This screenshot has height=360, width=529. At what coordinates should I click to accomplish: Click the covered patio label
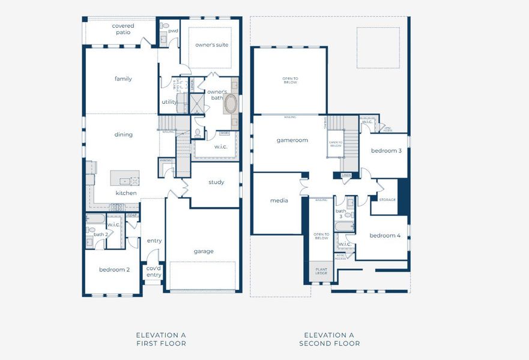click(x=123, y=29)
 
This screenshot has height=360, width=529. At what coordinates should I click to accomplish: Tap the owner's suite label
click(x=211, y=45)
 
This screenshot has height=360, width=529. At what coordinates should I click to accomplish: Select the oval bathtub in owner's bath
click(x=230, y=104)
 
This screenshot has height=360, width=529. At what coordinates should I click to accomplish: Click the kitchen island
click(x=124, y=178)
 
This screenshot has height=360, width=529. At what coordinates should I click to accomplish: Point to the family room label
click(x=123, y=79)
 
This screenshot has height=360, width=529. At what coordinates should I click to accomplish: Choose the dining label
click(x=123, y=134)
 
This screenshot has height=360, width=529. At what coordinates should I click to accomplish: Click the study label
click(x=216, y=182)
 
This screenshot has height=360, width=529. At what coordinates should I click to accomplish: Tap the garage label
click(x=204, y=251)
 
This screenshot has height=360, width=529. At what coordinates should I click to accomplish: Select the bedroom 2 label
click(x=114, y=269)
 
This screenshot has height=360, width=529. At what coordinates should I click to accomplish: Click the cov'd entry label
click(x=154, y=271)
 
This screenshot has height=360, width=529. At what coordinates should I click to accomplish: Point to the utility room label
click(x=169, y=102)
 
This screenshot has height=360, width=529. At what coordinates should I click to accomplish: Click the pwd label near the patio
click(x=173, y=31)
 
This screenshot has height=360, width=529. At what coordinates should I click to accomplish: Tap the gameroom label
click(x=292, y=140)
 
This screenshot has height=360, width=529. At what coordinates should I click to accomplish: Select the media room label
click(x=279, y=200)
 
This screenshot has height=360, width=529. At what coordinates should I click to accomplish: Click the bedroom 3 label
click(x=386, y=151)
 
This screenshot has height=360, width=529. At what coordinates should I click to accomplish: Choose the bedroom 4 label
click(x=385, y=235)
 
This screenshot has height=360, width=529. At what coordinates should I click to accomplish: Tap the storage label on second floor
click(x=387, y=199)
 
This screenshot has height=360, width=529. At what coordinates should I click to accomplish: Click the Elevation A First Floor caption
click(x=161, y=339)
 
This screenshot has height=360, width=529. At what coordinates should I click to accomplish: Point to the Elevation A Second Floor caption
click(x=329, y=339)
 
